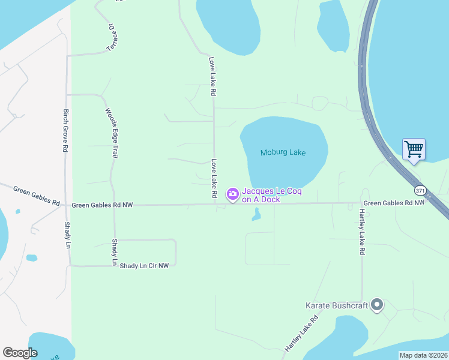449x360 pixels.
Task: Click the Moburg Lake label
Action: (x=283, y=152)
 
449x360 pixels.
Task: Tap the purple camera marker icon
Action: (x=232, y=194)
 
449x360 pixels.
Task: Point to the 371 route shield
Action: (x=420, y=190)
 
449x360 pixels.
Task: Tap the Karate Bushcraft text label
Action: (x=336, y=305)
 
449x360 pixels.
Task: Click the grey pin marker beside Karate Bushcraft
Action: (x=377, y=305)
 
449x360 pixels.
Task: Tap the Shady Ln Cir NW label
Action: (x=144, y=265)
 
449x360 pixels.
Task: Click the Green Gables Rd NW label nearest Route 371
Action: (x=394, y=203)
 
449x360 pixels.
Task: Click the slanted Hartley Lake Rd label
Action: (x=301, y=335)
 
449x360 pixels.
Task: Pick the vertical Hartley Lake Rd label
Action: (x=363, y=232)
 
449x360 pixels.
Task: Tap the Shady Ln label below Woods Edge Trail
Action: (x=114, y=252)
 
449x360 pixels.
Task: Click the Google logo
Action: (x=20, y=353)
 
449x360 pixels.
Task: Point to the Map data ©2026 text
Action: (x=423, y=355)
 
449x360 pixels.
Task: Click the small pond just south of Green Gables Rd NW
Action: (x=257, y=214)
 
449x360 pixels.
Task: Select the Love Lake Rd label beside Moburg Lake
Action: (x=213, y=179)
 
